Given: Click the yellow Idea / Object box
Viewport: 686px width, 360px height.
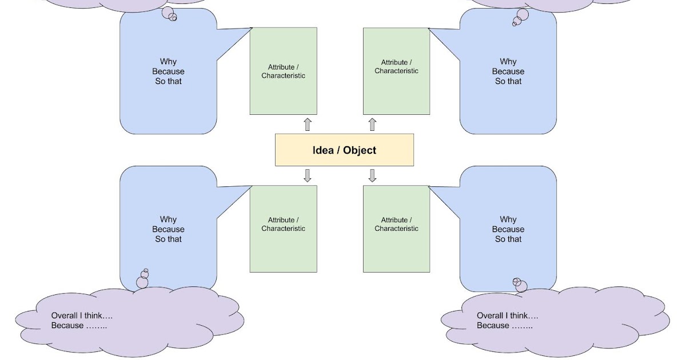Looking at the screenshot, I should pos(344,150).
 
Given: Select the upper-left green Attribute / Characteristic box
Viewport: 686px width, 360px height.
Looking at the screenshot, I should pos(283,71).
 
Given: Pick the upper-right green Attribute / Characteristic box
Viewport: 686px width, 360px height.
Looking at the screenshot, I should pos(396,71).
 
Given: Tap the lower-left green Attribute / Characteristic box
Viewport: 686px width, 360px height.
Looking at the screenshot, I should pos(283,229).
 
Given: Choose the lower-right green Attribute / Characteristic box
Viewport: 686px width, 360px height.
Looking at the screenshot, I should pos(396,229).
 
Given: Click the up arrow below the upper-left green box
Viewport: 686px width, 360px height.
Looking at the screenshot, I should pos(308,124).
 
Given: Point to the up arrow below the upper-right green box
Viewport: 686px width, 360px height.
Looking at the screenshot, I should pos(372,124).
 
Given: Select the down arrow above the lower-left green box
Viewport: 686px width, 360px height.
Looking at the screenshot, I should pos(308,175).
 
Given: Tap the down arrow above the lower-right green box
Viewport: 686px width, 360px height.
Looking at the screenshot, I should pos(372,175).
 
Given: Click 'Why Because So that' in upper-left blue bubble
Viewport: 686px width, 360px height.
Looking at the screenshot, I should pos(168,71).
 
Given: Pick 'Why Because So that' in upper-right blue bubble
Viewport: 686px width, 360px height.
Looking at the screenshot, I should pos(508,71).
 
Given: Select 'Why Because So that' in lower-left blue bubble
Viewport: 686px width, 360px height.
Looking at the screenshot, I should pos(168,229).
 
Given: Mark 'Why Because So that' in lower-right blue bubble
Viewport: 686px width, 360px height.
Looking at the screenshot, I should pos(508,229).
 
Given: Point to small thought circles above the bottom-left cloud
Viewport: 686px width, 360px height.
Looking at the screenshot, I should pos(143,279).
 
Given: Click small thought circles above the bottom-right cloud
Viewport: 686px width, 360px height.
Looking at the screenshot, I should pos(520,285).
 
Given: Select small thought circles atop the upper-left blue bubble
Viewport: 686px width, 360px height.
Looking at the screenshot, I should pos(169,14).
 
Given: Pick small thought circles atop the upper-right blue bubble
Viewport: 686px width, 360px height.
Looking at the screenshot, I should pos(521,17).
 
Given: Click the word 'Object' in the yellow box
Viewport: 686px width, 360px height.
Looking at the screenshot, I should pos(360,150).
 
